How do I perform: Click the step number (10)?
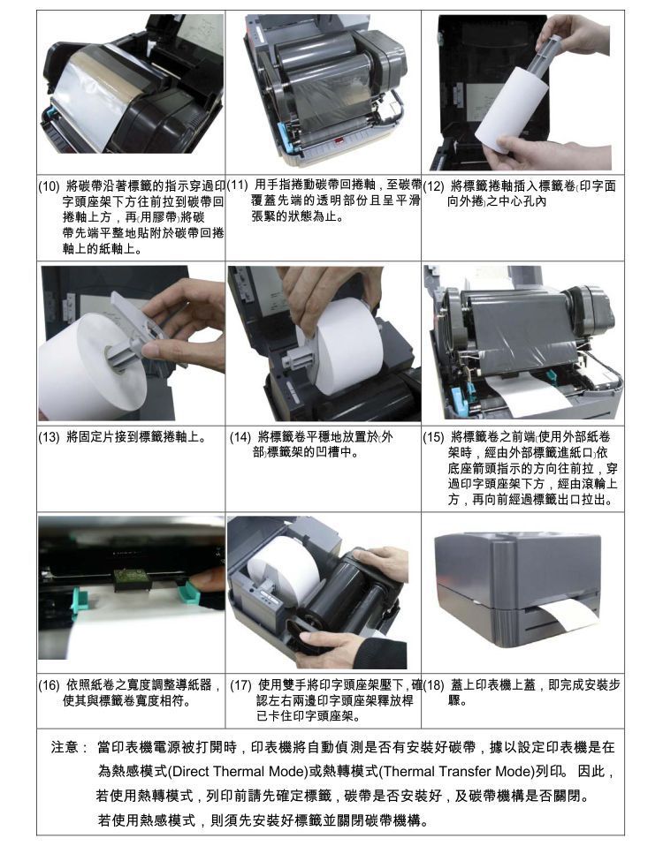48,187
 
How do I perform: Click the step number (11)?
237,185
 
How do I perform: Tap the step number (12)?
432,186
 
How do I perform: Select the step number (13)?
49,437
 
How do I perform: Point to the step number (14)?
240,437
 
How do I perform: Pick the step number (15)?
433,437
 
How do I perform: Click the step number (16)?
49,685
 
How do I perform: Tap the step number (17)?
240,685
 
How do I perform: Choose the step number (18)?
433,685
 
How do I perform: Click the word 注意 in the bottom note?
65,747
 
